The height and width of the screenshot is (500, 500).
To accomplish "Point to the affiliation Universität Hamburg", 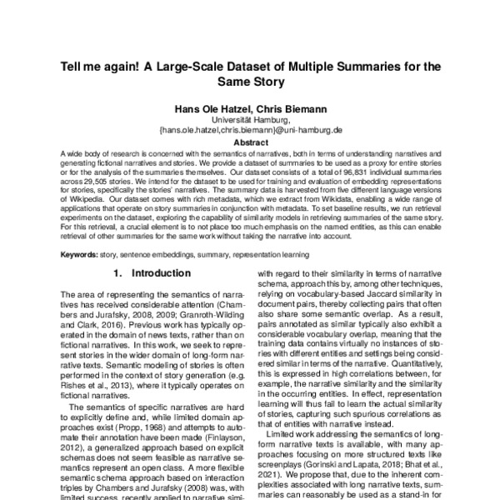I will (250, 120).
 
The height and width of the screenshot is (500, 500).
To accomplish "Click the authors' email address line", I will (250, 131).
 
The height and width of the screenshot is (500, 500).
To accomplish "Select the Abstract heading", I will (250, 142).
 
